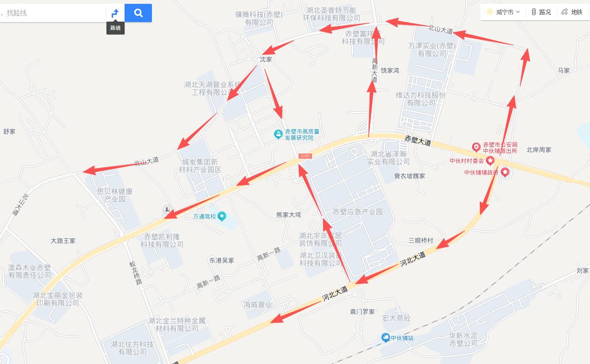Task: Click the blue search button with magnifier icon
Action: tap(138, 13)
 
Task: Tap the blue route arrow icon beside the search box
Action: tap(115, 13)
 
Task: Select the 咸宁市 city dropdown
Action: tap(503, 12)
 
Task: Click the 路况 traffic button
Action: tap(541, 12)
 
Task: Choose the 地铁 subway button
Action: tap(572, 12)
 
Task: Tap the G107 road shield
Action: tap(305, 156)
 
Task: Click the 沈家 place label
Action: tap(266, 59)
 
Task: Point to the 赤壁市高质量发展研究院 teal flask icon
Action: tap(278, 134)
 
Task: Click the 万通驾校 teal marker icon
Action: tap(221, 216)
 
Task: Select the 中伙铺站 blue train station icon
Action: tap(385, 338)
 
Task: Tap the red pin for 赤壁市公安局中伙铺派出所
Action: tap(476, 147)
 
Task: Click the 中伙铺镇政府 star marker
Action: tap(505, 173)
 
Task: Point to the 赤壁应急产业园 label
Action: tap(358, 211)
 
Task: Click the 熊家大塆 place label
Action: tap(289, 215)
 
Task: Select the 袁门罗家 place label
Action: tap(362, 311)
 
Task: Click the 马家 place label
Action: tap(564, 70)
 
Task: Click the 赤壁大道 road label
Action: tap(417, 141)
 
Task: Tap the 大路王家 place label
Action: tap(63, 241)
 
